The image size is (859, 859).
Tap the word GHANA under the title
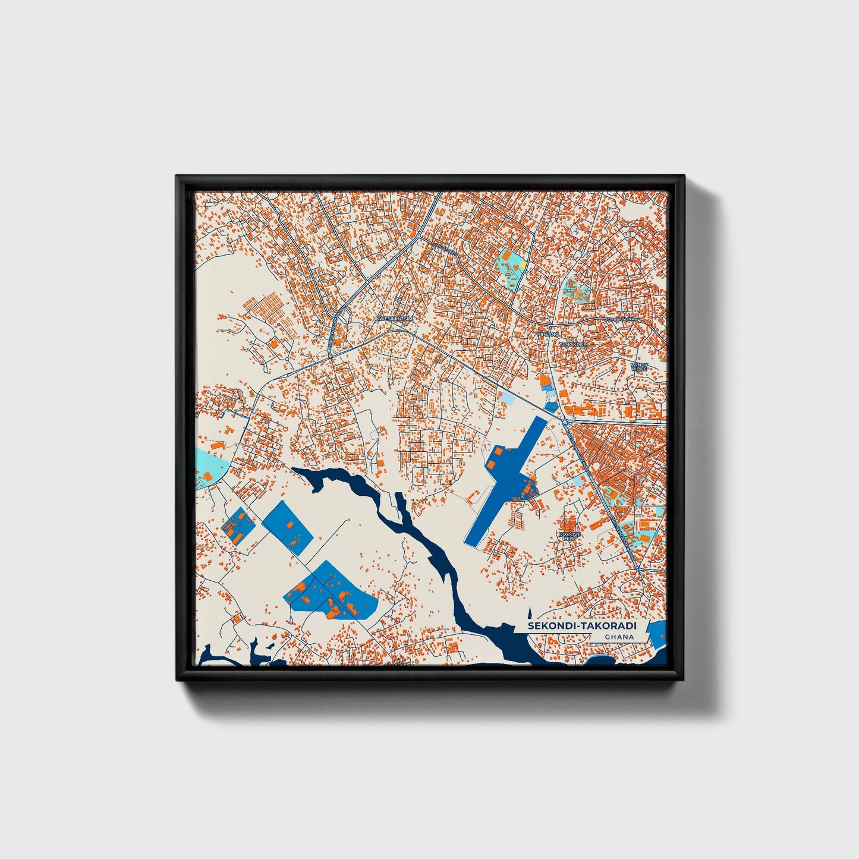(x=619, y=637)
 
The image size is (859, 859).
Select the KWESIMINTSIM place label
(x=394, y=319)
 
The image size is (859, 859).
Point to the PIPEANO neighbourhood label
(x=548, y=335)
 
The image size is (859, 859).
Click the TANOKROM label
(x=573, y=344)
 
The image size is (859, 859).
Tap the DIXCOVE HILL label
(x=568, y=536)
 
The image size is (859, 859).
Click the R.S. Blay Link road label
(x=620, y=319)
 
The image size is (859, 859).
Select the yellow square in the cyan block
(x=523, y=263)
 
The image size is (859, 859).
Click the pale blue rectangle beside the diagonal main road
(x=510, y=399)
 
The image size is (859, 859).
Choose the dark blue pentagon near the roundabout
(x=552, y=407)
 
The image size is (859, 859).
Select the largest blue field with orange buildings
(x=331, y=592)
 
